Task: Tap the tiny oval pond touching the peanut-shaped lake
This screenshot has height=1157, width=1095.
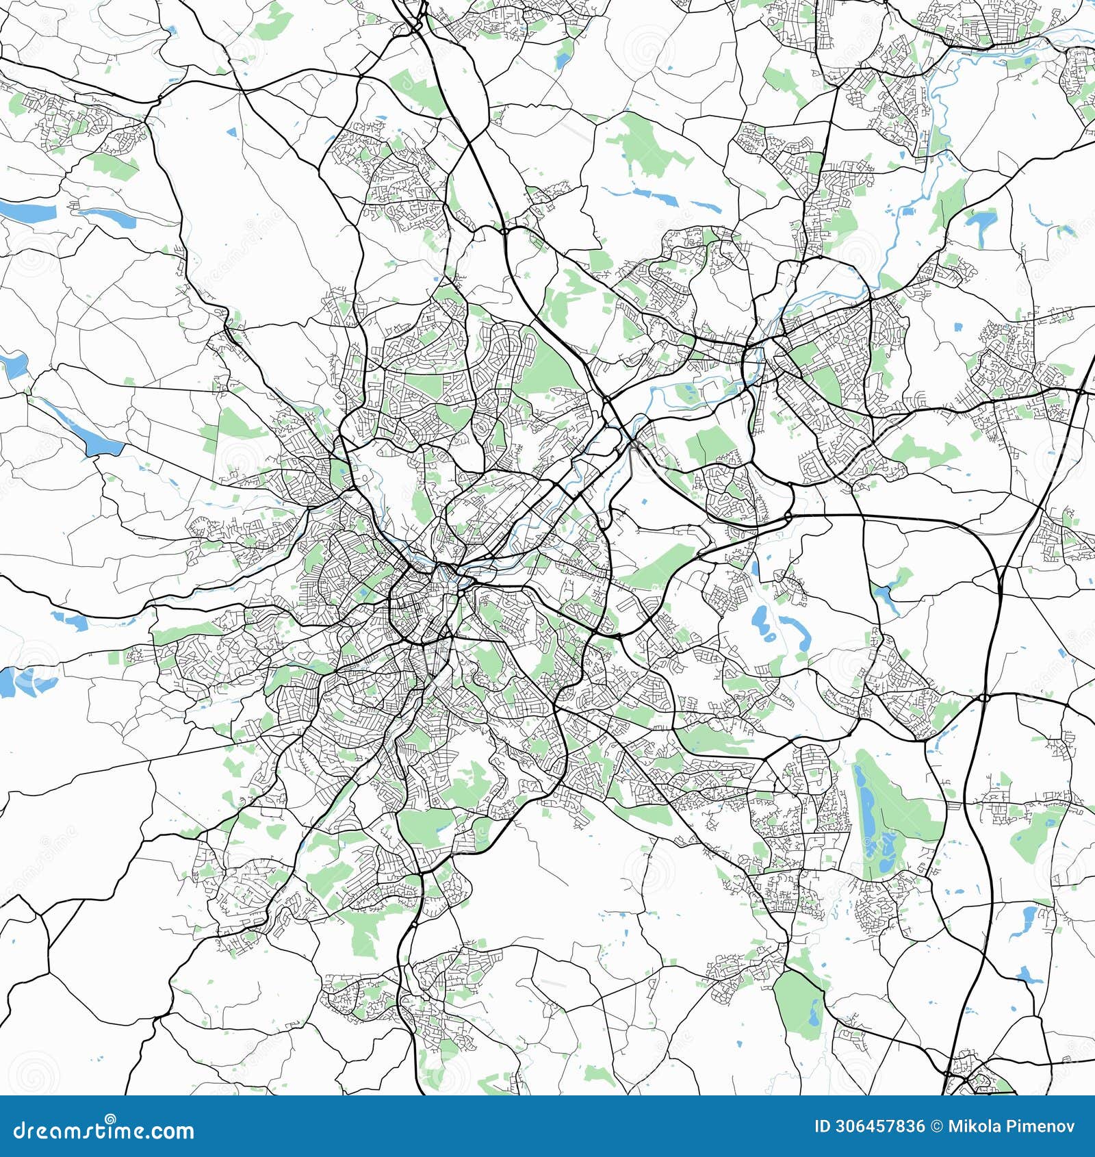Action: click(x=771, y=637)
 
